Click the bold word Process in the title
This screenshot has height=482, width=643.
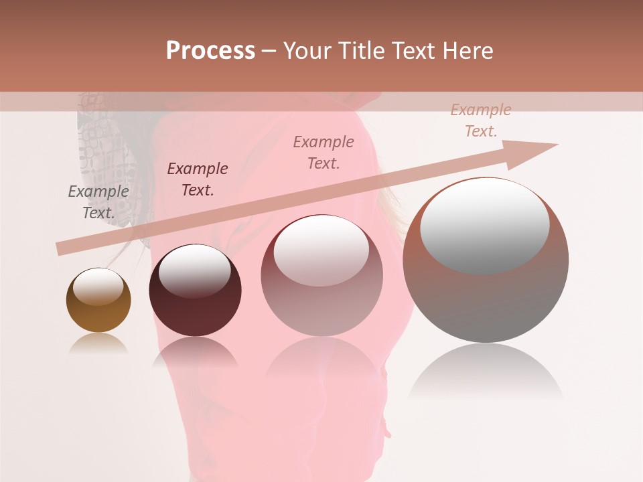210,51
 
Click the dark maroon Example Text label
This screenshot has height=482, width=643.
198,179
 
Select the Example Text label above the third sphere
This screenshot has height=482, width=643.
324,153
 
